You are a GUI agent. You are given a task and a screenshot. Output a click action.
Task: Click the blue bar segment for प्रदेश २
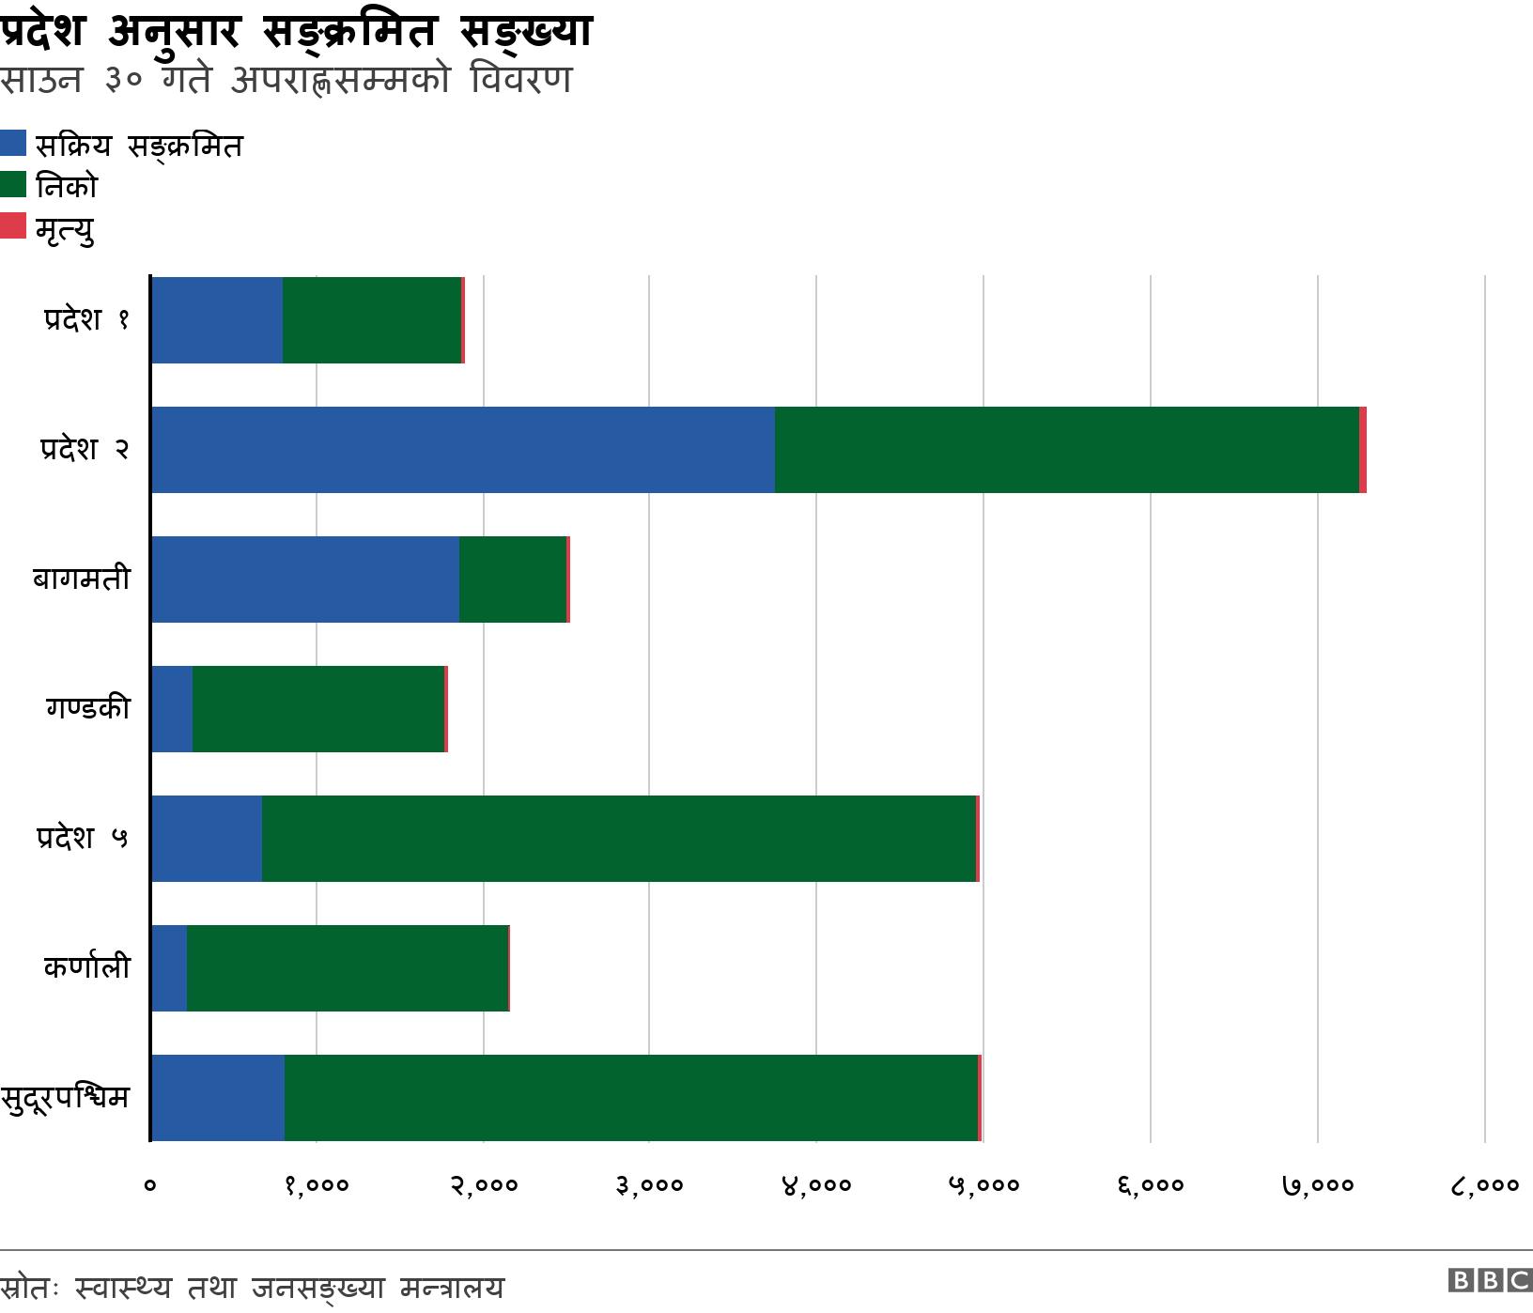[462, 450]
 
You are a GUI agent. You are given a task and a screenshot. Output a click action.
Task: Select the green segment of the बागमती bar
[513, 579]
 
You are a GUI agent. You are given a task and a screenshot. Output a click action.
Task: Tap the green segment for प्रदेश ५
[618, 839]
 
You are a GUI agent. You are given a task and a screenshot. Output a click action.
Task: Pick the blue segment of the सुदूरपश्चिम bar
[217, 1098]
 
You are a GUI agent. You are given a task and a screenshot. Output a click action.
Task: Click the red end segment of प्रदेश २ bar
[1362, 450]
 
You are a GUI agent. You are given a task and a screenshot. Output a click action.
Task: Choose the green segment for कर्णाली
[348, 968]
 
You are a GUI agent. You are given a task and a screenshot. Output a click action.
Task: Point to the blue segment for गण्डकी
[172, 709]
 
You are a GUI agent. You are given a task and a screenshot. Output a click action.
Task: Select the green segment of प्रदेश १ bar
[372, 320]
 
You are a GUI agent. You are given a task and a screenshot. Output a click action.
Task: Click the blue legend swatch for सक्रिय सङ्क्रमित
[13, 143]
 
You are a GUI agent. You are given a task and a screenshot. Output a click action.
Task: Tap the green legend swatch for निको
[13, 184]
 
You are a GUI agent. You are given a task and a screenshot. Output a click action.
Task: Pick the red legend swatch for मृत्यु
[13, 225]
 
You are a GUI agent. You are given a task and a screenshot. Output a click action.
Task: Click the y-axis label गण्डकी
[87, 708]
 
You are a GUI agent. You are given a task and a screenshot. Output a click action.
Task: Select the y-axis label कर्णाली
[86, 967]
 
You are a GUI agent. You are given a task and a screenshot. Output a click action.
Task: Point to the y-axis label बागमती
[81, 579]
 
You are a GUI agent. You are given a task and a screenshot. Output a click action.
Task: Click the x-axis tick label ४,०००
[816, 1185]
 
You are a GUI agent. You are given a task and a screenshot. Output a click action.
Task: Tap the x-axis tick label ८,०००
[1484, 1185]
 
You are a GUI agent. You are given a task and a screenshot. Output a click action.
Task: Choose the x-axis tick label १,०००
[317, 1185]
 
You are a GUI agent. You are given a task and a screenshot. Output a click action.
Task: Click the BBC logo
[1490, 1281]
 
